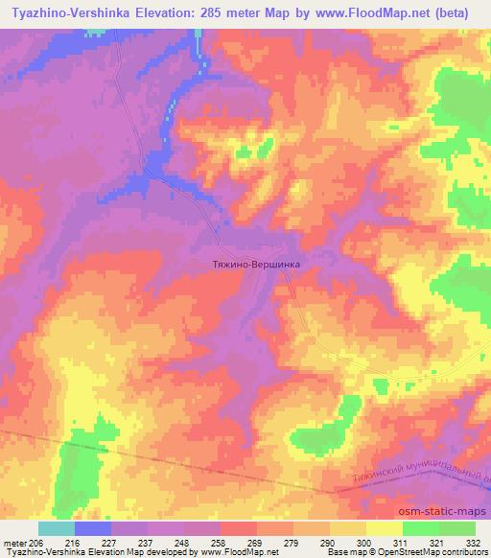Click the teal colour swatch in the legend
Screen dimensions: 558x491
point(56,528)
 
